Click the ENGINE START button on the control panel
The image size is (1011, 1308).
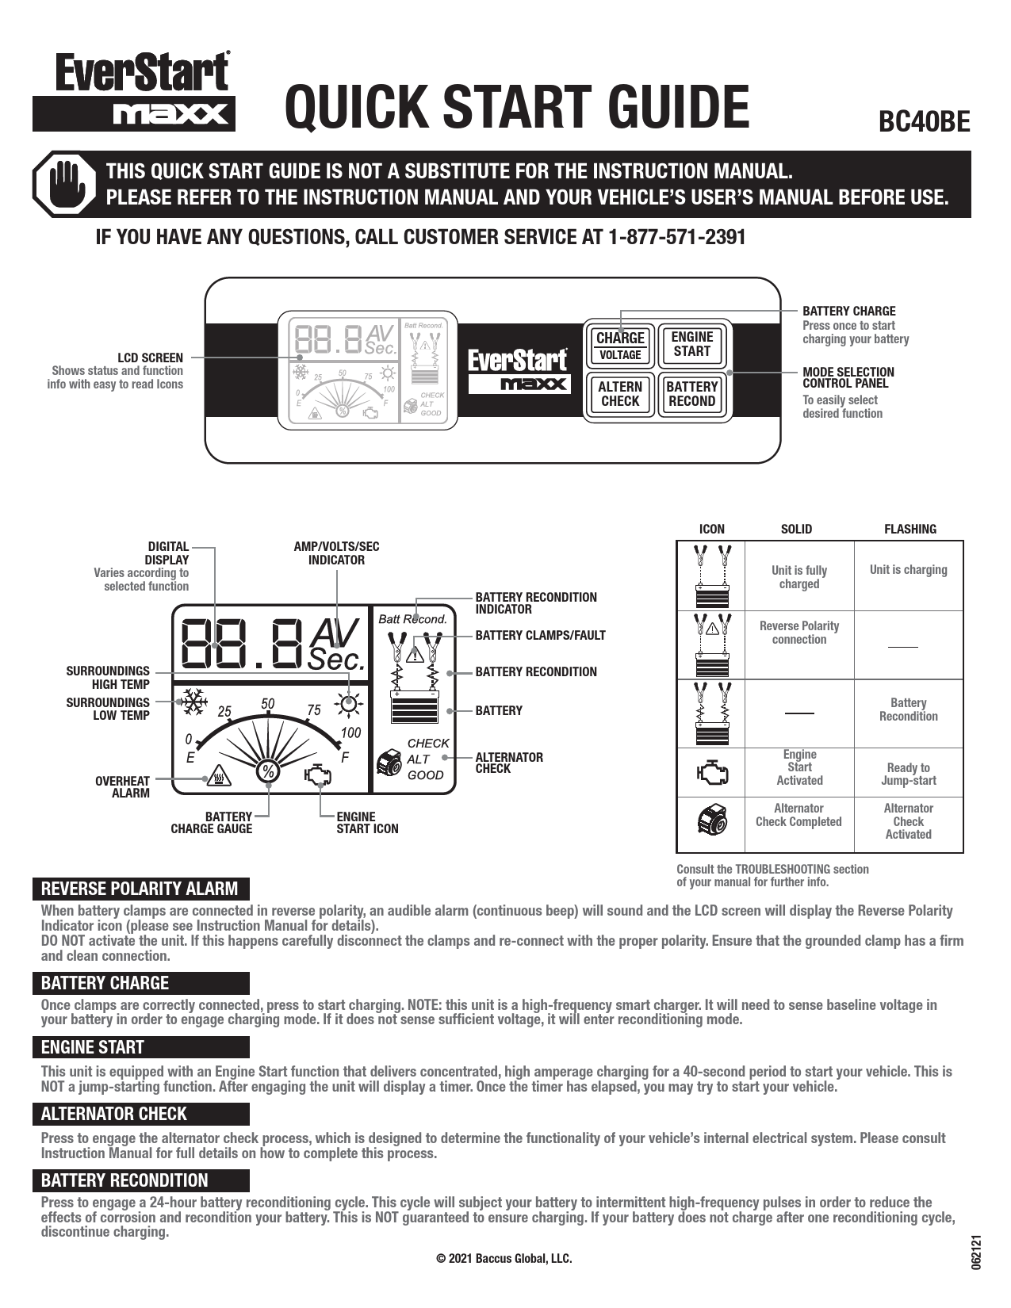point(691,344)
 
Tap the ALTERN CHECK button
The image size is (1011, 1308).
point(620,393)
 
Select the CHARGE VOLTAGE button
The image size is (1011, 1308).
point(620,345)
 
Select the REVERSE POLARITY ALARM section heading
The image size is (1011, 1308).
point(140,888)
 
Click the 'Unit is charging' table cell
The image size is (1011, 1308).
point(908,570)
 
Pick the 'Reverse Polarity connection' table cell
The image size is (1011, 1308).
point(798,633)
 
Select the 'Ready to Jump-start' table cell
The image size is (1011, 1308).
point(908,774)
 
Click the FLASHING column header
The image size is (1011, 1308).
point(910,529)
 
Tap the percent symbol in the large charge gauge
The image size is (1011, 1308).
point(268,771)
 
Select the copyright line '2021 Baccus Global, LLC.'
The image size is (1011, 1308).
point(504,1258)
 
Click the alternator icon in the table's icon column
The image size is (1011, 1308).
point(711,820)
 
